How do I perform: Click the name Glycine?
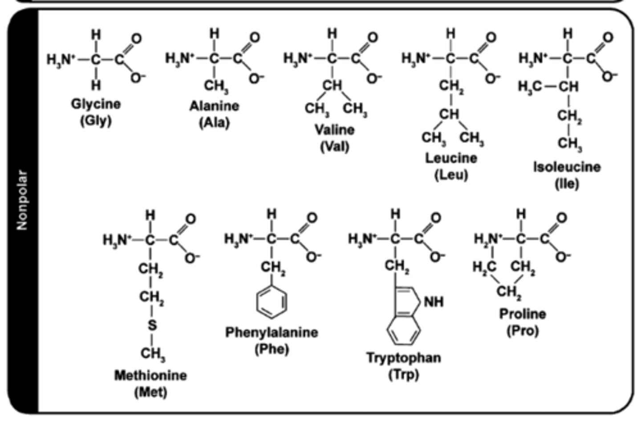pyautogui.click(x=96, y=104)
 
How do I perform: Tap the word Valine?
pyautogui.click(x=335, y=130)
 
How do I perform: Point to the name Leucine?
pyautogui.click(x=451, y=158)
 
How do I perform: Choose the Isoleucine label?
pyautogui.click(x=567, y=167)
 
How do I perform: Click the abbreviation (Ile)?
pyautogui.click(x=567, y=183)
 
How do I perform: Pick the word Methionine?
pyautogui.click(x=150, y=375)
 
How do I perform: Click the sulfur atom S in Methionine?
pyautogui.click(x=152, y=325)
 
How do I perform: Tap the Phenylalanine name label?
pyautogui.click(x=272, y=332)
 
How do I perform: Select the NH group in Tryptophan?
pyautogui.click(x=434, y=302)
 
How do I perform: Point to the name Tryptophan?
pyautogui.click(x=404, y=357)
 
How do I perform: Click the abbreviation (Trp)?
pyautogui.click(x=404, y=374)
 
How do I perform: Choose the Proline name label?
pyautogui.click(x=522, y=314)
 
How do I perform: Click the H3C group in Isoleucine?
pyautogui.click(x=530, y=86)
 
